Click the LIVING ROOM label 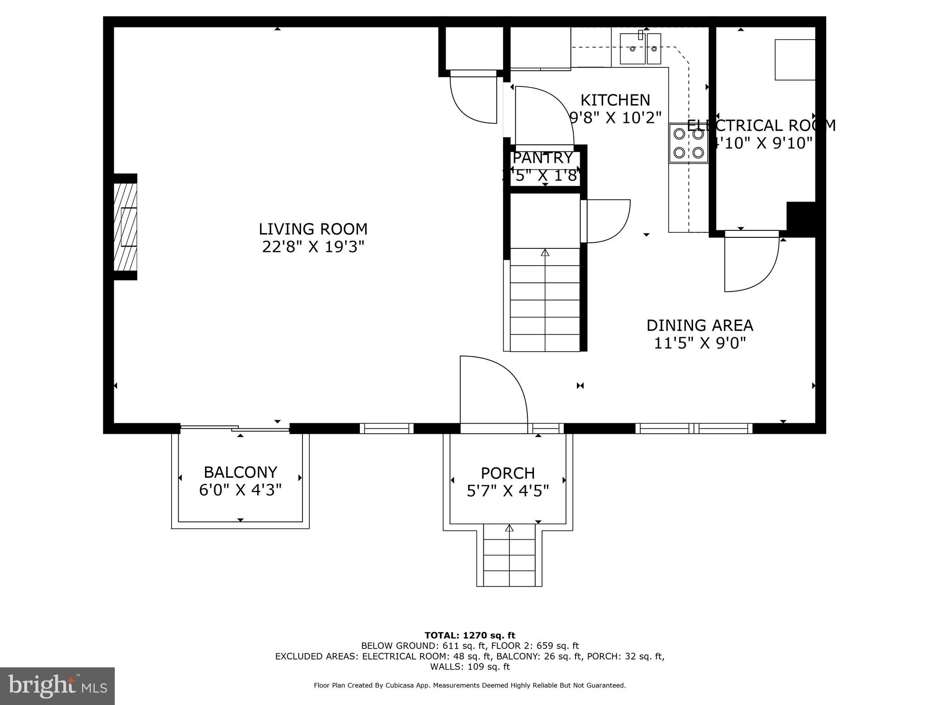pos(313,229)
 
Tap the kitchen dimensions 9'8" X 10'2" pos(615,118)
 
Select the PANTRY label pos(543,158)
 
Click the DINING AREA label pos(699,325)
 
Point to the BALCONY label pos(240,472)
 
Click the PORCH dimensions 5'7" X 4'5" pos(508,492)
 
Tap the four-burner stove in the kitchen pos(688,143)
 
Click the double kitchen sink pos(640,48)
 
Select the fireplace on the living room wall pos(125,227)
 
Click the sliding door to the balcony pos(235,428)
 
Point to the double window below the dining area pos(694,428)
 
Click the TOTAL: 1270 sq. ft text pos(470,635)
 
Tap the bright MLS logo pos(57,686)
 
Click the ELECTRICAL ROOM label pos(761,125)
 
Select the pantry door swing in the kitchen pos(544,115)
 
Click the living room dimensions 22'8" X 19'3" pos(313,247)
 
